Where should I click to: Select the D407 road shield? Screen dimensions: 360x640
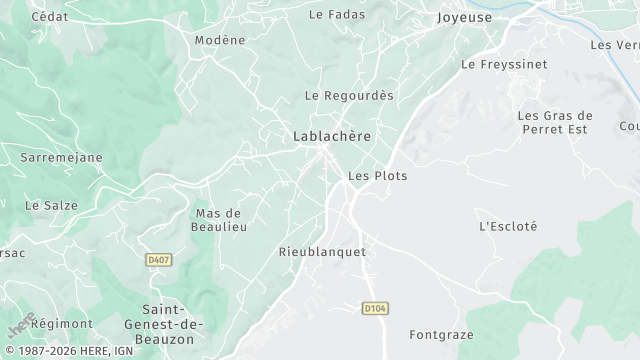(156, 260)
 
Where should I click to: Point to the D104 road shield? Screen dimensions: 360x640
(374, 309)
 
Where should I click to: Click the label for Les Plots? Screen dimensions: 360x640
(377, 175)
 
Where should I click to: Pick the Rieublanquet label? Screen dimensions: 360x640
(322, 252)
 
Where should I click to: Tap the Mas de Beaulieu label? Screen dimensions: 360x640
(218, 220)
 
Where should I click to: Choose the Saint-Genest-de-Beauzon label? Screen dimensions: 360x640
(173, 324)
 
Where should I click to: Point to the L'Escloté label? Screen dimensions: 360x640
(508, 226)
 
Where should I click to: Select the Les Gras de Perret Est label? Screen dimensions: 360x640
(555, 123)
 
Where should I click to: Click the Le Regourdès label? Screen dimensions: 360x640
(349, 96)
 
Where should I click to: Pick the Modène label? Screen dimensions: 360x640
(220, 40)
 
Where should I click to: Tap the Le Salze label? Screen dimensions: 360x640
(51, 205)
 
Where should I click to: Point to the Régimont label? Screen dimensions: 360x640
(62, 324)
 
